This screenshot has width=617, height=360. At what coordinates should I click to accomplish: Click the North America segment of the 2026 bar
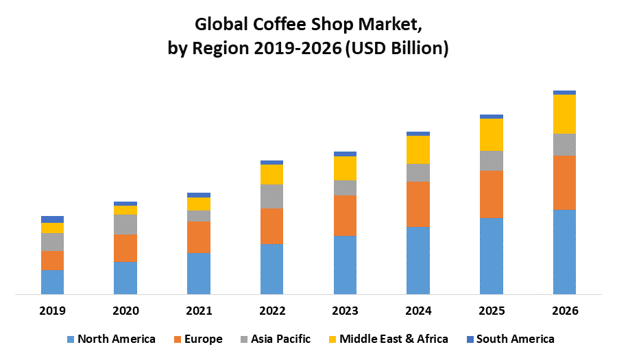pyautogui.click(x=564, y=252)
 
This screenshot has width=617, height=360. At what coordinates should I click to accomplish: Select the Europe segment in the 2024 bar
pyautogui.click(x=418, y=204)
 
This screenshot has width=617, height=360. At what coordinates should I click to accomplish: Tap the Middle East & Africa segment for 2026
pyautogui.click(x=564, y=114)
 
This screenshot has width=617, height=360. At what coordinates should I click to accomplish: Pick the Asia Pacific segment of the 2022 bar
pyautogui.click(x=272, y=196)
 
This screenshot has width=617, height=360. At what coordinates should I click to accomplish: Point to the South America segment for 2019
pyautogui.click(x=53, y=219)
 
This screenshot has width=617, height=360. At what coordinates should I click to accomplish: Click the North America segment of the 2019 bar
pyautogui.click(x=53, y=282)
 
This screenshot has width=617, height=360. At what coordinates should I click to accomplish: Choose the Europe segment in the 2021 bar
pyautogui.click(x=199, y=237)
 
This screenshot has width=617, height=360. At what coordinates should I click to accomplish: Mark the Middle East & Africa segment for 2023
pyautogui.click(x=345, y=168)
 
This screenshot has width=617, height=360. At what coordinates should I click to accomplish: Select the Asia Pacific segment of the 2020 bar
pyautogui.click(x=125, y=224)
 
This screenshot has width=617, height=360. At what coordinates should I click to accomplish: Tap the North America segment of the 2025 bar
pyautogui.click(x=492, y=256)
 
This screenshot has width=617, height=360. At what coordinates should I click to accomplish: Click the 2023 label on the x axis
pyautogui.click(x=345, y=311)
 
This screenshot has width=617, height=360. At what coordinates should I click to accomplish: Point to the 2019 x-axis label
pyautogui.click(x=53, y=311)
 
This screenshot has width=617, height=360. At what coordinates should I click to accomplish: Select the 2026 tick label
pyautogui.click(x=564, y=311)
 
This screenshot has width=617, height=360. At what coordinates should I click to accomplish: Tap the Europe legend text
pyautogui.click(x=203, y=339)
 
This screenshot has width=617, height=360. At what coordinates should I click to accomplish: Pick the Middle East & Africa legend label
pyautogui.click(x=394, y=339)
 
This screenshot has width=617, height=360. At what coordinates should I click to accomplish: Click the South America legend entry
pyautogui.click(x=515, y=339)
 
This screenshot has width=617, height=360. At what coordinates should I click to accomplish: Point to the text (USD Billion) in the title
pyautogui.click(x=398, y=49)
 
